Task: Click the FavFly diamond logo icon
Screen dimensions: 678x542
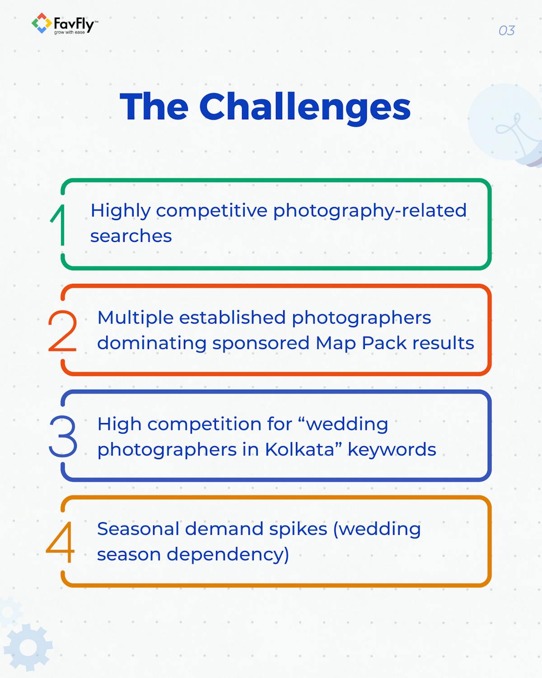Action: point(41,23)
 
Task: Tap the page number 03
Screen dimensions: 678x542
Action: point(506,31)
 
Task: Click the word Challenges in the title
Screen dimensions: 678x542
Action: point(305,107)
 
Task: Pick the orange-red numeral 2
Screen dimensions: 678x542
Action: point(62,331)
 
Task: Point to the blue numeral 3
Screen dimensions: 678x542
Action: point(63,436)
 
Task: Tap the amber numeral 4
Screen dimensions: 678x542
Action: point(61,541)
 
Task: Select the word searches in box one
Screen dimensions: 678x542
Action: point(131,236)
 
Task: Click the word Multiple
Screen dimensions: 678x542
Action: point(135,318)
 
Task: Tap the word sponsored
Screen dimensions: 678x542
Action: point(261,343)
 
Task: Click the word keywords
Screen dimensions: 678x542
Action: point(392,450)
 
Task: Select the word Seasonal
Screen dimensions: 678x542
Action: point(138,529)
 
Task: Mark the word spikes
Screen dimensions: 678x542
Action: point(302,529)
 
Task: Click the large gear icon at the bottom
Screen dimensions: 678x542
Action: point(28,647)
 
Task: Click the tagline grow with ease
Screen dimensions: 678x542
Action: point(70,33)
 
